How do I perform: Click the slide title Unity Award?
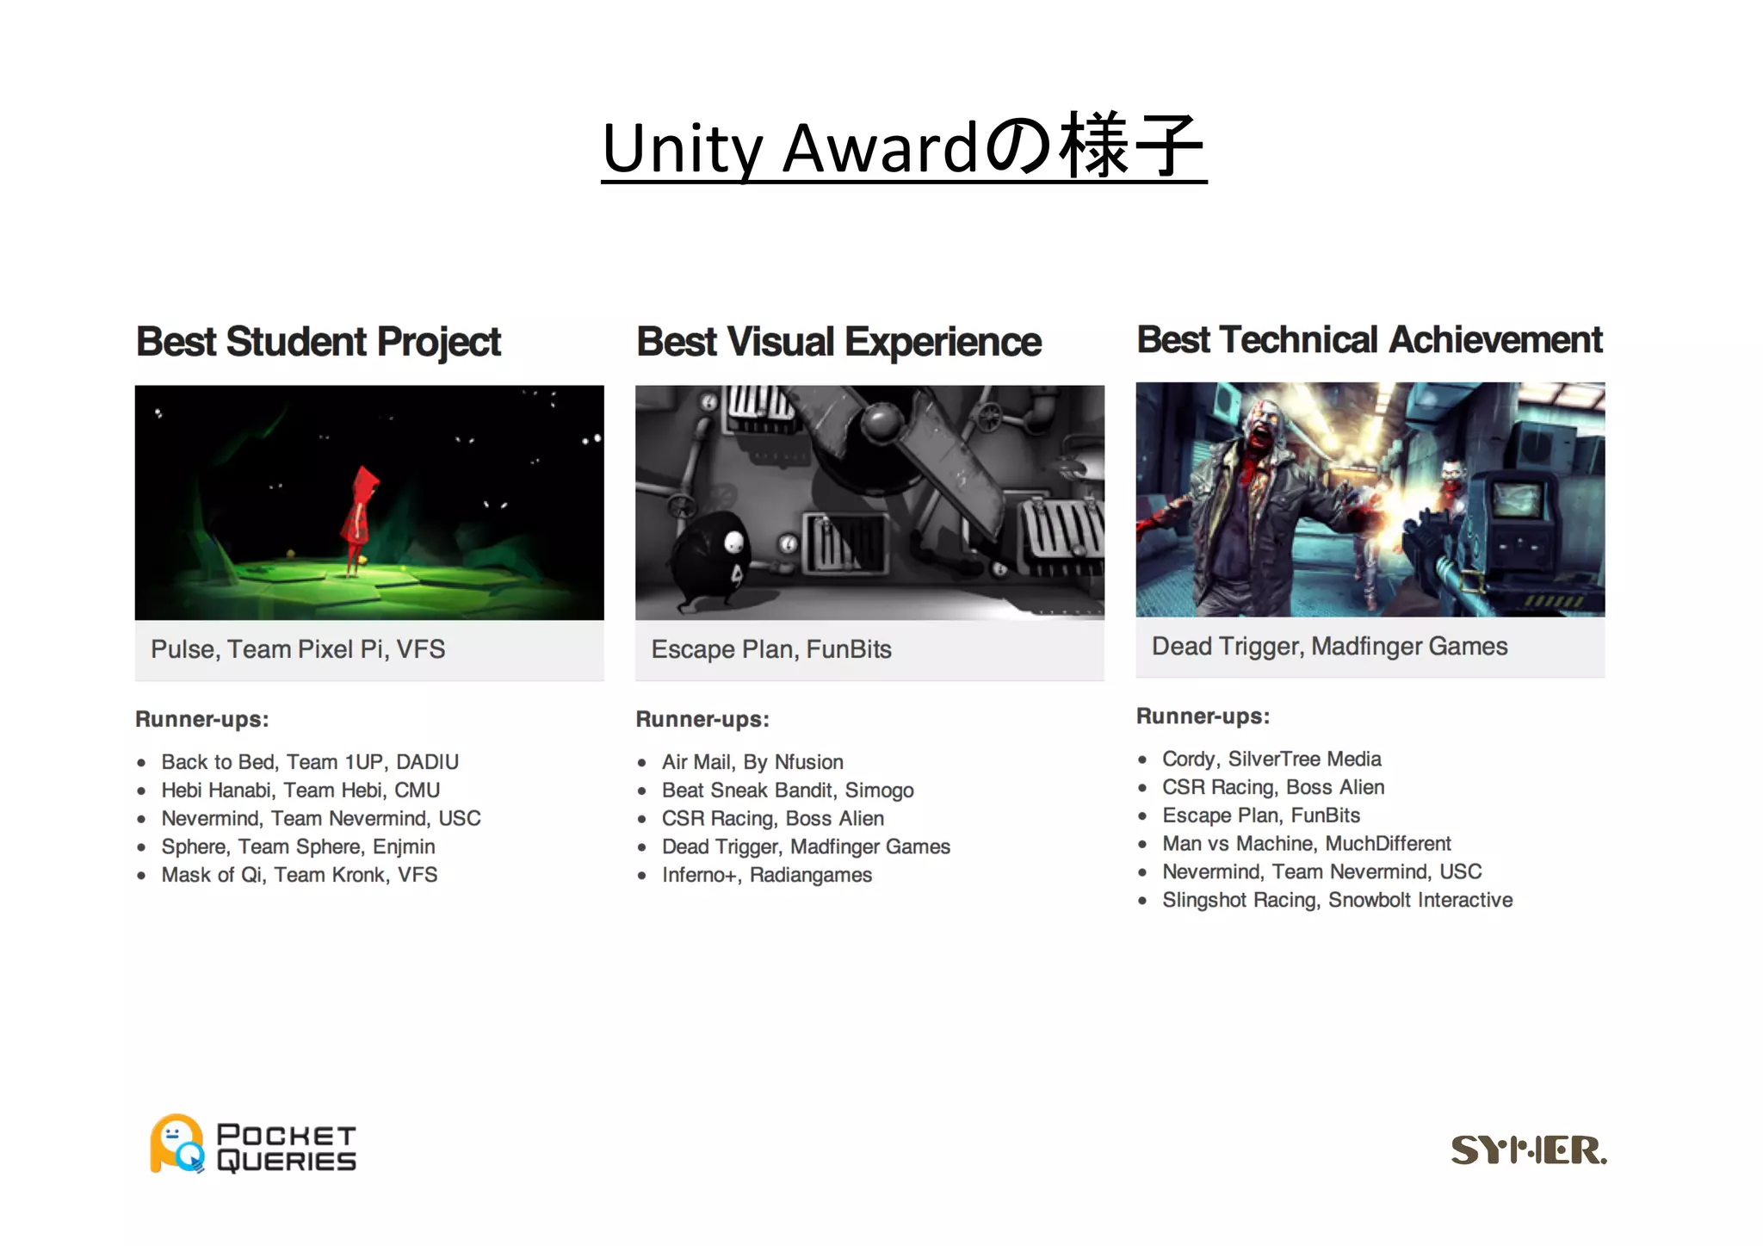(903, 147)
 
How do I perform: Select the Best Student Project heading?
(319, 342)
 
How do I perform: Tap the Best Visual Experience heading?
(838, 342)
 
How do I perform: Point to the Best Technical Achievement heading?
(1369, 339)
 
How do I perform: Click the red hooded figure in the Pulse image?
(358, 517)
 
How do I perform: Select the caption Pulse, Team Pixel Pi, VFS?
(298, 649)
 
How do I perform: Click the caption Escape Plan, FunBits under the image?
(770, 649)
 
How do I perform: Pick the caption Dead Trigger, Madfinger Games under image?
(1329, 647)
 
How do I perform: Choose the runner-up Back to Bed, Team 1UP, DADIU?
(310, 762)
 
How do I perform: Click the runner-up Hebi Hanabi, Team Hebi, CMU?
(300, 790)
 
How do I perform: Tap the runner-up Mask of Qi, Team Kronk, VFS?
(299, 875)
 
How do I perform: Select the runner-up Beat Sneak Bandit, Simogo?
(787, 790)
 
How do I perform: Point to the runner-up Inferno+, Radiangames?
(766, 875)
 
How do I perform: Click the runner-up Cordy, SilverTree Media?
(1271, 759)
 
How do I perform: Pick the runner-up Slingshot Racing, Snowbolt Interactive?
(1337, 900)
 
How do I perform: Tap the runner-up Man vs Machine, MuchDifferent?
(1306, 844)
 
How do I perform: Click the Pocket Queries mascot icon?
(177, 1144)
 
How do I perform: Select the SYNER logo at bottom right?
(1528, 1150)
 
